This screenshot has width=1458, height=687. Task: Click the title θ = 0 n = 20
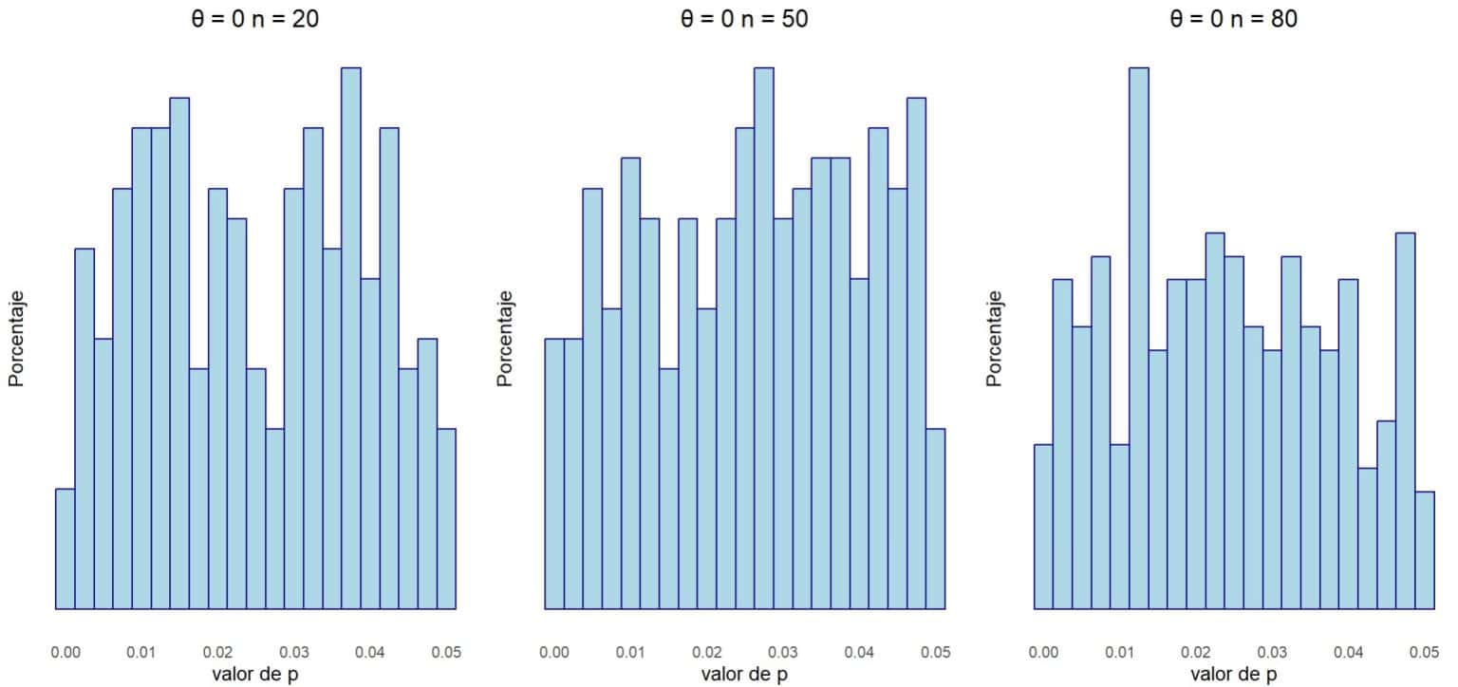pos(255,19)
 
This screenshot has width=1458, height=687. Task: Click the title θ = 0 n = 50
pos(744,19)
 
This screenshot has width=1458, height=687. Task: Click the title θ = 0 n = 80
pos(1233,19)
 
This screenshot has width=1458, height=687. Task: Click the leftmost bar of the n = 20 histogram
pos(65,548)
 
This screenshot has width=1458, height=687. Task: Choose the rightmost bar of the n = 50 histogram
pos(936,518)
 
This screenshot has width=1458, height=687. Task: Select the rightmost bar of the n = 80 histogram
pos(1425,549)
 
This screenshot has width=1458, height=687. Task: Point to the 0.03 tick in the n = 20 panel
pos(294,653)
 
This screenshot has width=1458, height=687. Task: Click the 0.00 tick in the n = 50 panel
pos(554,653)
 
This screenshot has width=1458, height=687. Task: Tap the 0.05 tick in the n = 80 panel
pos(1424,653)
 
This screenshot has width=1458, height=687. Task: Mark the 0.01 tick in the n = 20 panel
pos(141,653)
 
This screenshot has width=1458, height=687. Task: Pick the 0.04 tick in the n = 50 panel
pos(859,653)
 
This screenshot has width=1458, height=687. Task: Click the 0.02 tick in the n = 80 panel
pos(1195,653)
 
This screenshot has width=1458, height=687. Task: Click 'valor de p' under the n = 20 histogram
pos(255,675)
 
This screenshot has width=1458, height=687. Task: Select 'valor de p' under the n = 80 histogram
pos(1233,675)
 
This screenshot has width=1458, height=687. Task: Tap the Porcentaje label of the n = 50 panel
pos(505,338)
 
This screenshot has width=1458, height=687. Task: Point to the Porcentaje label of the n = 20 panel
pos(16,338)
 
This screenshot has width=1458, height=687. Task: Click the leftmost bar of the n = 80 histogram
pos(1043,526)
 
